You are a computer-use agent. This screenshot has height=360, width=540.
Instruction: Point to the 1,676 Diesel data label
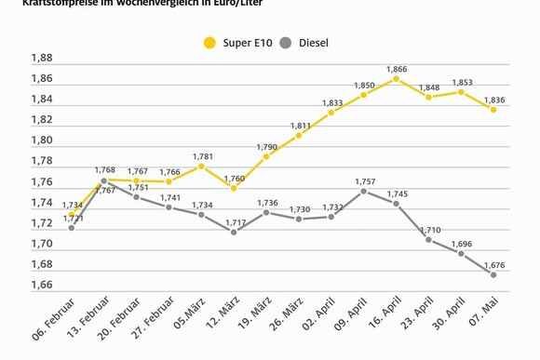tap(493, 264)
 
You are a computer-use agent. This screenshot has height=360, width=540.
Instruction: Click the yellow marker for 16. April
tap(397, 79)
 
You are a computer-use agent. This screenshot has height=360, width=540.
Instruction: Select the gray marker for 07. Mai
tap(493, 274)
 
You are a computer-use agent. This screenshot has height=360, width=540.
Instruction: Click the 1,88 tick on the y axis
tap(42, 58)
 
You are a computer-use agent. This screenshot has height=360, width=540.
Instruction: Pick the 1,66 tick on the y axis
tap(42, 285)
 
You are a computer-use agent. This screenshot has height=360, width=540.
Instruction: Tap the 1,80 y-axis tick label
tap(42, 140)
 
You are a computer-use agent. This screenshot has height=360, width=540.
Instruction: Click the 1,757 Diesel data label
tap(364, 181)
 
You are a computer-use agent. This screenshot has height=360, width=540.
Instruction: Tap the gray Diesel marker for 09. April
tap(364, 192)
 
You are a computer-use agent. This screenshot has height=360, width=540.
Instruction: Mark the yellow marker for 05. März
tap(201, 167)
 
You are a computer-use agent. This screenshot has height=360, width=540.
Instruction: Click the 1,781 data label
tap(203, 156)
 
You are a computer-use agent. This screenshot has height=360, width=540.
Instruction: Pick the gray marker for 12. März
tap(234, 232)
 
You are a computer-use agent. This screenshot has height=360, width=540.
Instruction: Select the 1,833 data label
tap(332, 103)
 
